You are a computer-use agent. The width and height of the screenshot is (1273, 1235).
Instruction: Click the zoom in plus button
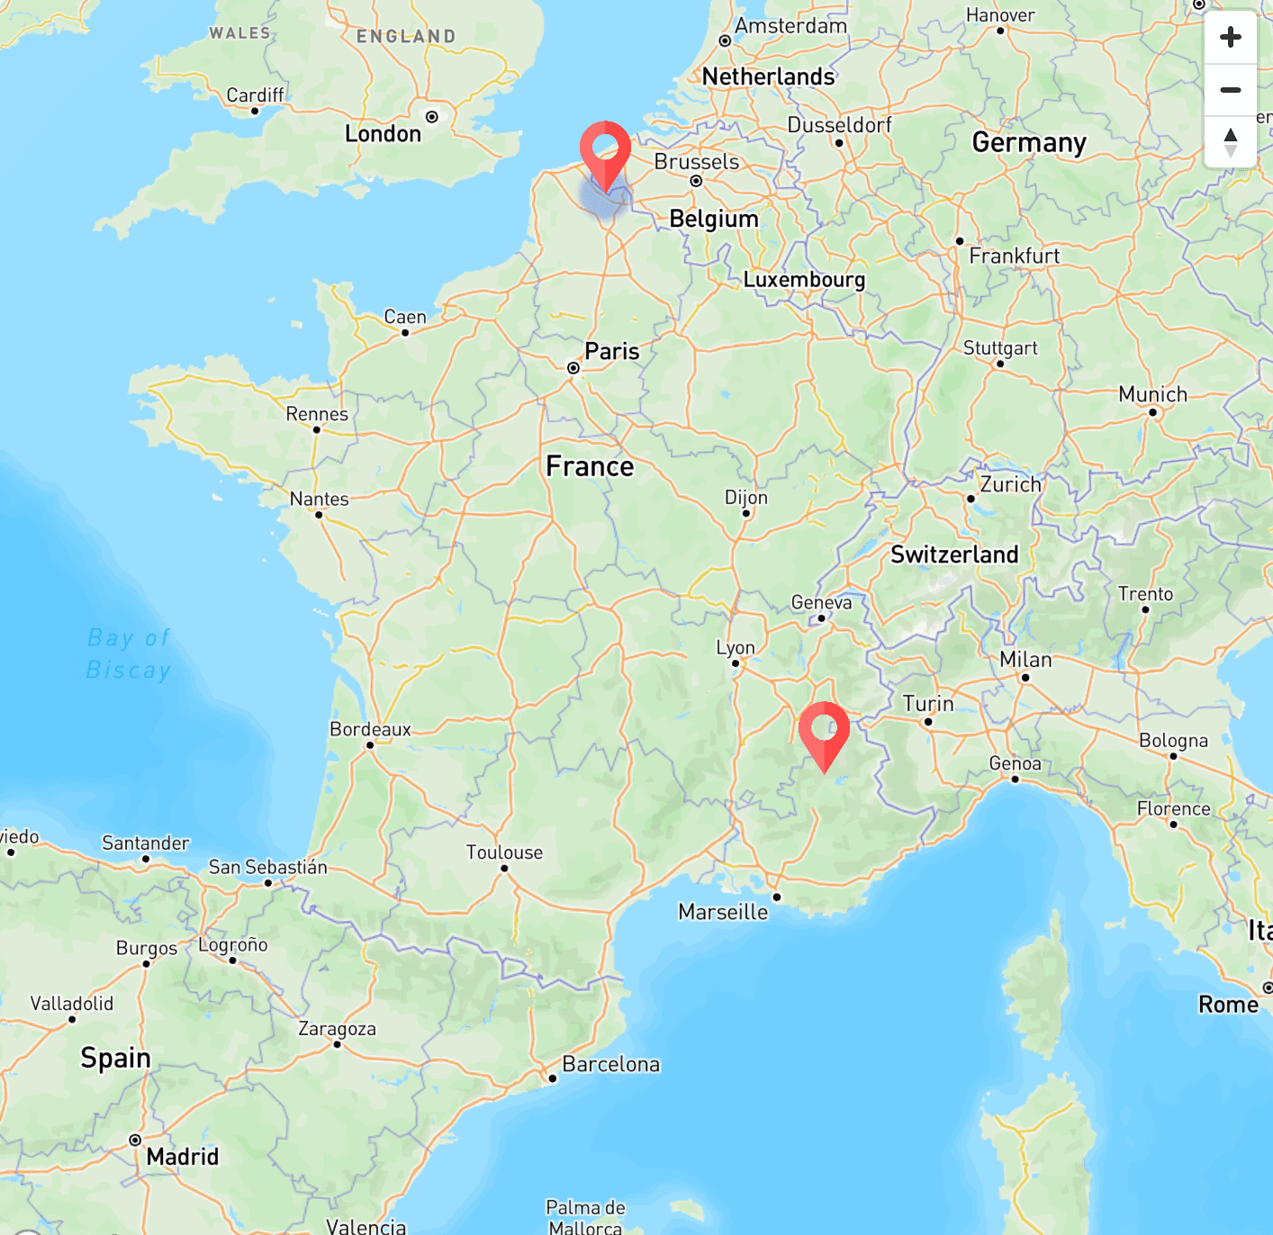(1230, 38)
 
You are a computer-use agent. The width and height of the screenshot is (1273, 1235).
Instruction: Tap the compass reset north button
(1230, 142)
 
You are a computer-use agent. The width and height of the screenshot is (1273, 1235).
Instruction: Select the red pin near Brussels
(605, 154)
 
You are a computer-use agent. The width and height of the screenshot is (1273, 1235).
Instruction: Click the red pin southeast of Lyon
(824, 734)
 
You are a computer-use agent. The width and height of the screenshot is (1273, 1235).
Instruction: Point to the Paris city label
(611, 351)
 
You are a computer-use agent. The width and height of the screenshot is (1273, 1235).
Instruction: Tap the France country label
(590, 466)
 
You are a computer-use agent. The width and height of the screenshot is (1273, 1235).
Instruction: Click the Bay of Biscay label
(129, 654)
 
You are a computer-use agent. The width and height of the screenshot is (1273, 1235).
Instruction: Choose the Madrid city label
(182, 1157)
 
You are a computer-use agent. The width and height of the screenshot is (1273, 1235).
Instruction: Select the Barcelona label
(610, 1064)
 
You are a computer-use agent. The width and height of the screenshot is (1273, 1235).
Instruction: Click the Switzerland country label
(954, 554)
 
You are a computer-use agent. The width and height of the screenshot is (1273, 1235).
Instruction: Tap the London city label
(383, 134)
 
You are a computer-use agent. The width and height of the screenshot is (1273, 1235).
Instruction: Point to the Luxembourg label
(804, 280)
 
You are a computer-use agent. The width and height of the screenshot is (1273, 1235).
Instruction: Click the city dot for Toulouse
(504, 869)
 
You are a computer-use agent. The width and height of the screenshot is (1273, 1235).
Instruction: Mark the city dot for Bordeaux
(370, 745)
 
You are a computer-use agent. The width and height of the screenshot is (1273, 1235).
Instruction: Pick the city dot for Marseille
(777, 897)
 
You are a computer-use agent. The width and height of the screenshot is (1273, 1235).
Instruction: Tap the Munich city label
(1152, 394)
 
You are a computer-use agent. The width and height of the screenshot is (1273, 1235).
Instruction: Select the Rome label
(1228, 1005)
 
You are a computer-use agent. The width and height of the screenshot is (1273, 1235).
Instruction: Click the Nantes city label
(319, 499)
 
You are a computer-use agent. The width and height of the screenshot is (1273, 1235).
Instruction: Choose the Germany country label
(1029, 143)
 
